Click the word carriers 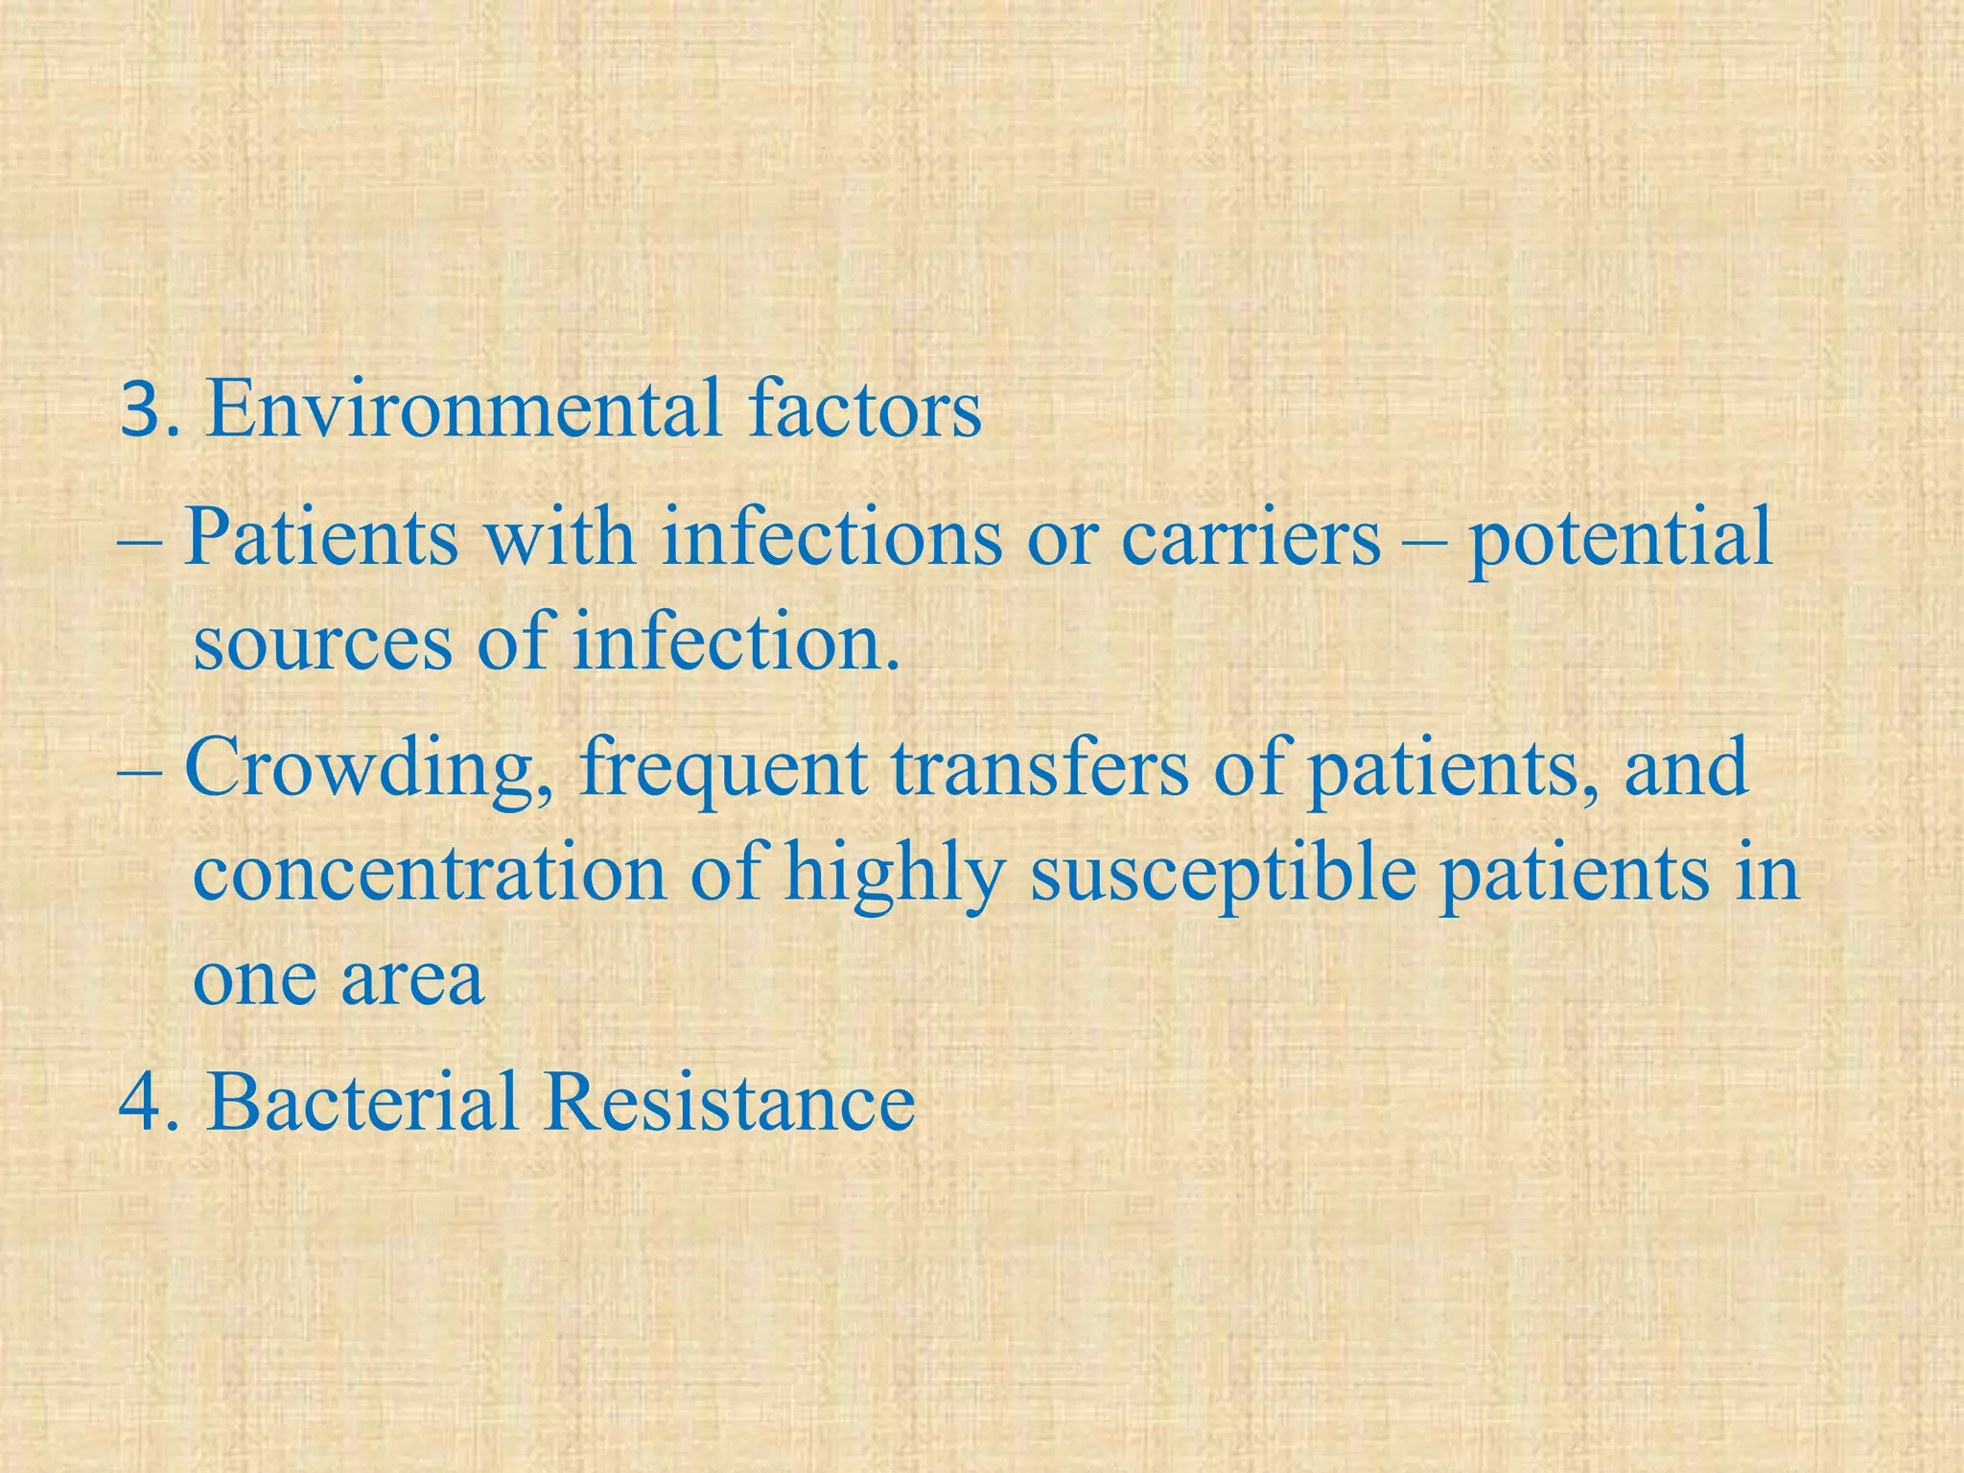[1251, 537]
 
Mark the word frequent [722, 773]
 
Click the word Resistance [729, 1102]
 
